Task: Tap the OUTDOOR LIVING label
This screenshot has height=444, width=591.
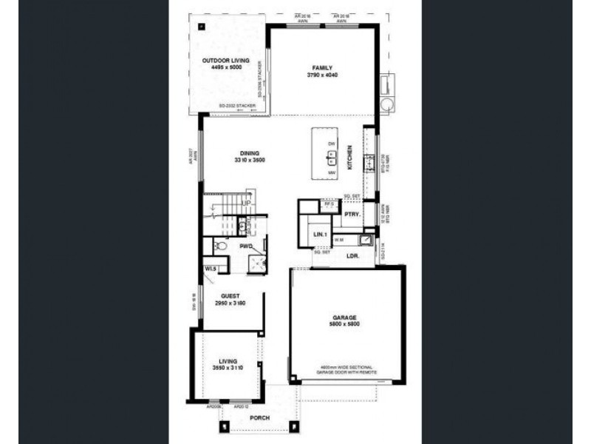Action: point(229,60)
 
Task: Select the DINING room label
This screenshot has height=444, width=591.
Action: point(249,153)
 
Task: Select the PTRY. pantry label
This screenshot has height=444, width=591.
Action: point(352,214)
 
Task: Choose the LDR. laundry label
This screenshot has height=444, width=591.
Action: point(352,255)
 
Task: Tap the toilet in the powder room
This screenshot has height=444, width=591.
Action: point(220,245)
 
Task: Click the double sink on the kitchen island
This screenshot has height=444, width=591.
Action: point(332,157)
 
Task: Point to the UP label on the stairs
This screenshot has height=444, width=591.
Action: point(248,203)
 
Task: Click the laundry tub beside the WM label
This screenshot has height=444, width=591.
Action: point(366,239)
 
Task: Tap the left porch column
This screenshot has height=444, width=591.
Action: point(223,425)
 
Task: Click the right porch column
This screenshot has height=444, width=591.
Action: point(293,425)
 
